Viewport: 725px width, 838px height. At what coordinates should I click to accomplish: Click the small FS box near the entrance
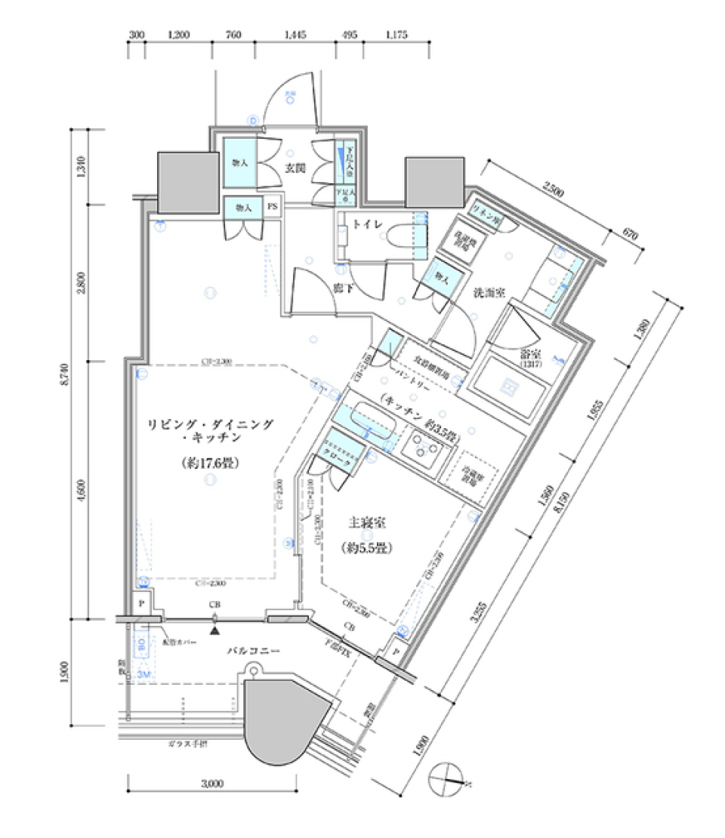click(x=273, y=206)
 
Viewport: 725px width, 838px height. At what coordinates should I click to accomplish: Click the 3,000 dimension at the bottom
click(x=213, y=784)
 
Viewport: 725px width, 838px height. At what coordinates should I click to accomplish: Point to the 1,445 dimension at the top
click(x=296, y=34)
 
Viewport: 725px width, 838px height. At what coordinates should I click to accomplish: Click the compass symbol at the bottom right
click(x=446, y=778)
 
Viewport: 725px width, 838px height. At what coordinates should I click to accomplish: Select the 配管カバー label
click(x=180, y=642)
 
